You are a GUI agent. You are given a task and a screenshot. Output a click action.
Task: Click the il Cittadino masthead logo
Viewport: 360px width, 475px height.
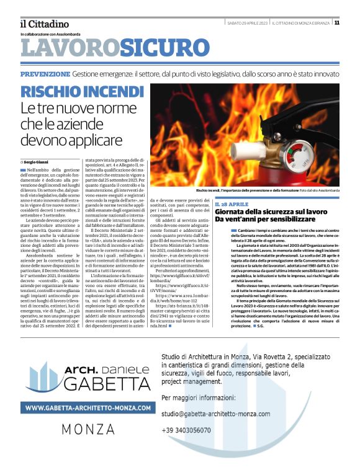point(44,24)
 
